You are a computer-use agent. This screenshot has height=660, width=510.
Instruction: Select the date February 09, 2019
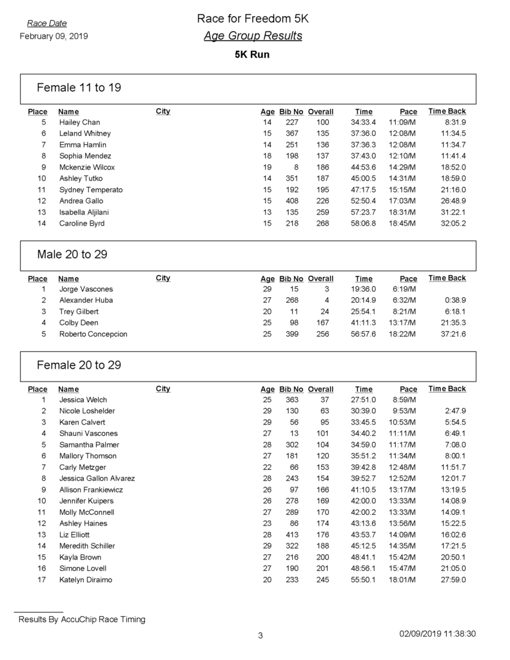pos(54,36)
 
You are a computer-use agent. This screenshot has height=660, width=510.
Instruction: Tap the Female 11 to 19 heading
pos(79,88)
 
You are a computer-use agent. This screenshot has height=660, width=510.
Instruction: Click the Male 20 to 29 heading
pos(72,255)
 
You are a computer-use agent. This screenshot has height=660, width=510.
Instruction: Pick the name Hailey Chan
pos(79,122)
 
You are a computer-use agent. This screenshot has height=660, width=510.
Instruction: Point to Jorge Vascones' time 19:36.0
pos(364,289)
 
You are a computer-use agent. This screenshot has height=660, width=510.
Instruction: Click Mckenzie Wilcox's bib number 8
pos(295,167)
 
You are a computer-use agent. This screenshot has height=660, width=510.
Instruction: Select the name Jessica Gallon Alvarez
pos(97,478)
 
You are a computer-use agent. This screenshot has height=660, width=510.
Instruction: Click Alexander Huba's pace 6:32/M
pos(404,300)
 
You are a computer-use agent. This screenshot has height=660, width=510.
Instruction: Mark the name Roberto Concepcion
pos(93,334)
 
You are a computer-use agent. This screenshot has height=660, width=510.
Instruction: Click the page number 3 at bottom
pos(260,636)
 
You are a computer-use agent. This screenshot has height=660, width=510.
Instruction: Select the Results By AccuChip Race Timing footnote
pos(82,619)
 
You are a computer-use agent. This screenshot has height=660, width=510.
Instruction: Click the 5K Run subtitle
pos(252,55)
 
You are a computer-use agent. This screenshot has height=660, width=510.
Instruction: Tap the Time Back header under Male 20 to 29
pos(447,278)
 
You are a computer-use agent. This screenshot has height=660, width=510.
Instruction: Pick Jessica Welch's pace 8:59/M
pos(406,400)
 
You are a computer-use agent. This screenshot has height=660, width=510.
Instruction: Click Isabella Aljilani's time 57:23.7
pos(364,212)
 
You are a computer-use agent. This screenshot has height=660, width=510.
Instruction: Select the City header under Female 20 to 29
pos(163,389)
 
